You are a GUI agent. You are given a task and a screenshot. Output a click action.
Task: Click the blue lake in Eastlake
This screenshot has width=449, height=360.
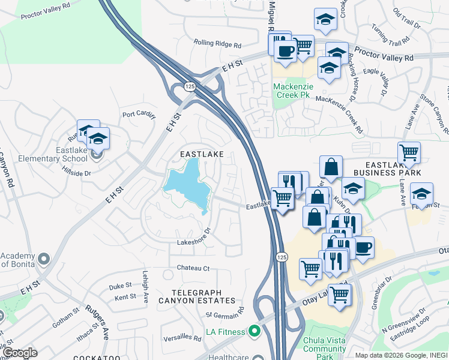pyautogui.click(x=187, y=184)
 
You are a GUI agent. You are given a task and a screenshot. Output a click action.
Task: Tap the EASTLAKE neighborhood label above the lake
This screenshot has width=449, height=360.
pyautogui.click(x=202, y=154)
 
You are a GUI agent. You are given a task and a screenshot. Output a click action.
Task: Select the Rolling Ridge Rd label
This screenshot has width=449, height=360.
pyautogui.click(x=217, y=44)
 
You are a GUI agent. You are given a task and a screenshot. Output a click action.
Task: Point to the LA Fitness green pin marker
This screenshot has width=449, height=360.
pyautogui.click(x=255, y=331)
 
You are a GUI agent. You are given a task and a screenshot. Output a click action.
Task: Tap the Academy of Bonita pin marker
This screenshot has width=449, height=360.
pyautogui.click(x=43, y=259)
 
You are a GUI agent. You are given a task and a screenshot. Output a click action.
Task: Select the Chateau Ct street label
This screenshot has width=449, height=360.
pyautogui.click(x=193, y=268)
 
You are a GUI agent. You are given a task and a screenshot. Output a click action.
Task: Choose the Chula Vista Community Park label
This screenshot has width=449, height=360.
pyautogui.click(x=325, y=344)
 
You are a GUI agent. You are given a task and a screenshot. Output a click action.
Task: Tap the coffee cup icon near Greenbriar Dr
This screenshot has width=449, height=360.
pyautogui.click(x=363, y=246)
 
